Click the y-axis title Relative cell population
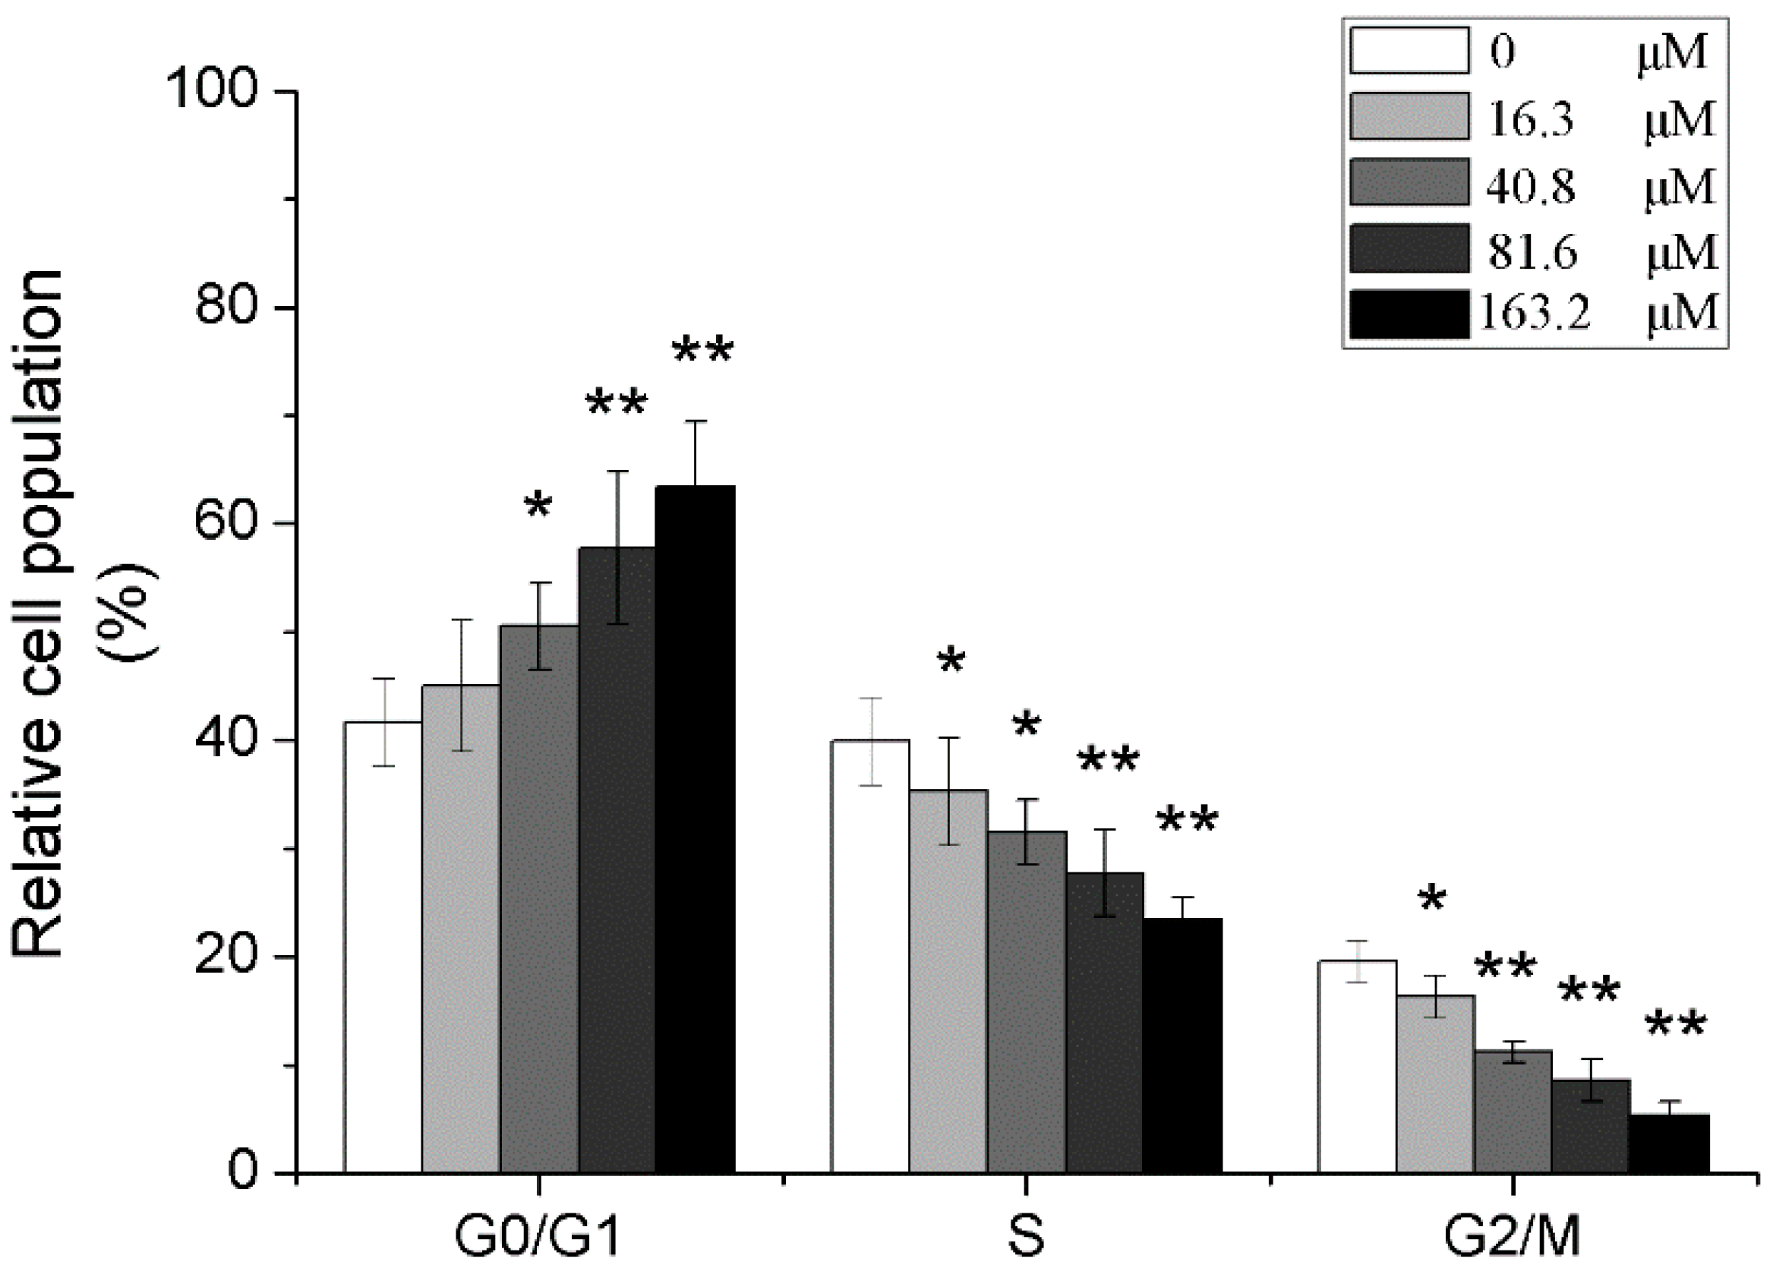click(39, 613)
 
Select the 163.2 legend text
click(1534, 314)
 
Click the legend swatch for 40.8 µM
click(1409, 183)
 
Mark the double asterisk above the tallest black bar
click(702, 352)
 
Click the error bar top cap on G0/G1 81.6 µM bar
click(617, 472)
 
